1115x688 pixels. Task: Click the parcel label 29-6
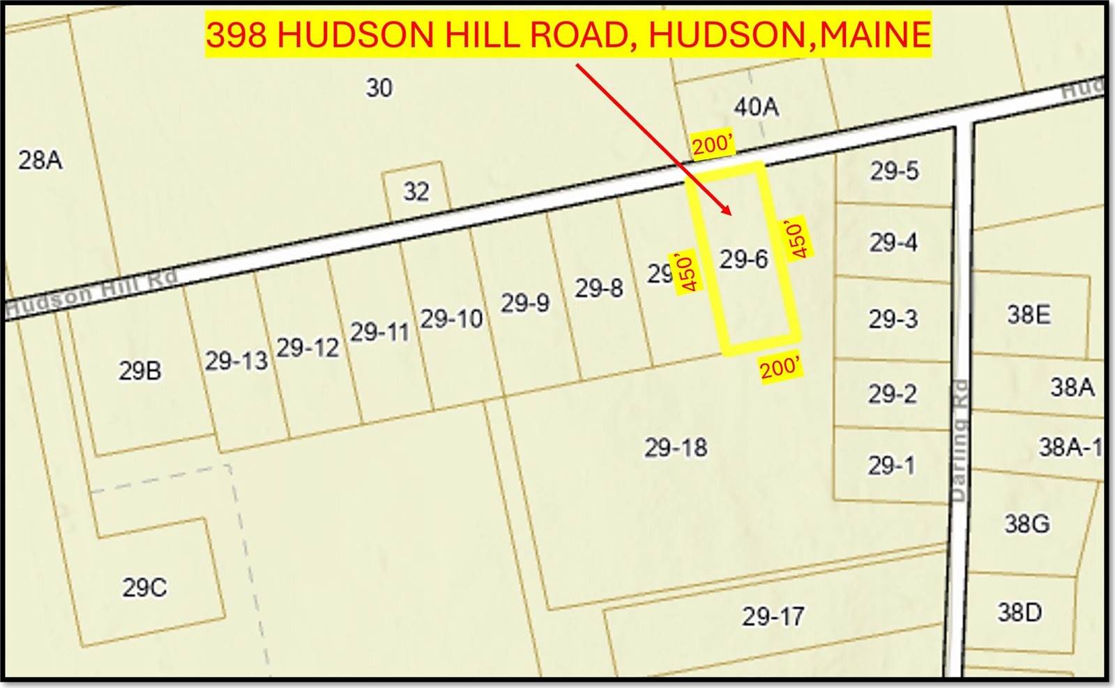[x=743, y=260]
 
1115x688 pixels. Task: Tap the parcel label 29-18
[x=675, y=447]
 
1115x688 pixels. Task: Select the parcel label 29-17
[x=773, y=616]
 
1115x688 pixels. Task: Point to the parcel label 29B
[x=139, y=371]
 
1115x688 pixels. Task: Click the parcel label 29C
[x=144, y=588]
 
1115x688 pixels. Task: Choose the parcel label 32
[x=416, y=192]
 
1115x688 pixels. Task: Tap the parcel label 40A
[x=756, y=107]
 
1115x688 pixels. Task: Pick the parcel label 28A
[x=40, y=160]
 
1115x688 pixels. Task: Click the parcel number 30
[x=379, y=88]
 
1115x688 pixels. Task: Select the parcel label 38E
[x=1028, y=315]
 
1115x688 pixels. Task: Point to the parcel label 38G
[x=1026, y=523]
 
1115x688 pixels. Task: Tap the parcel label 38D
[x=1019, y=613]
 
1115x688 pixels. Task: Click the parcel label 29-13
[x=236, y=361]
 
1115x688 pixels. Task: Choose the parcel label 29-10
[x=451, y=319]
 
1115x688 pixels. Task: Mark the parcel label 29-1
[x=890, y=465]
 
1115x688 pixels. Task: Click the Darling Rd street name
[x=959, y=441]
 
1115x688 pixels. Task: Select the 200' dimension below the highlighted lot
[x=779, y=367]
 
